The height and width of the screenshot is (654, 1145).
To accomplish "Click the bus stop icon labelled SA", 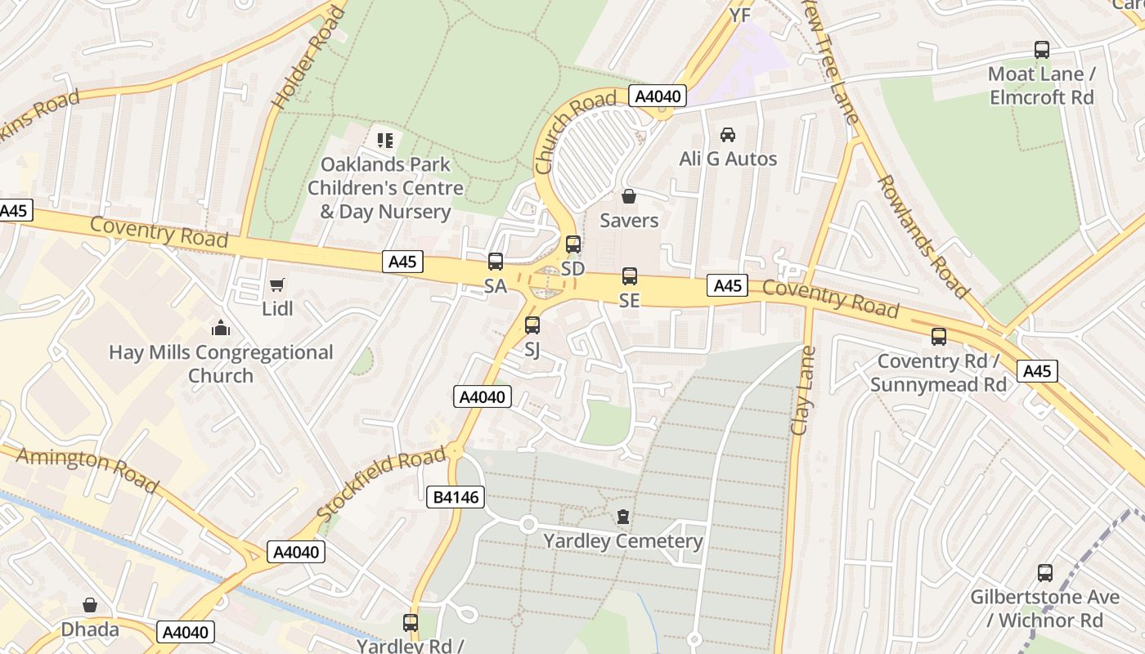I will pos(496,262).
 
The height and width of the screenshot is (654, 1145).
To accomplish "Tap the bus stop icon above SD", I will pos(573,244).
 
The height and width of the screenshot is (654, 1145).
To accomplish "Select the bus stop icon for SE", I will pos(629,276).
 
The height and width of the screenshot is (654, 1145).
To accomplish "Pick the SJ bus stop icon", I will pos(532,325).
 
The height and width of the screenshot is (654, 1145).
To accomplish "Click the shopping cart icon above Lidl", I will pos(277,284).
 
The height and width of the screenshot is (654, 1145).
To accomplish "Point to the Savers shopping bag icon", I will pos(629,196).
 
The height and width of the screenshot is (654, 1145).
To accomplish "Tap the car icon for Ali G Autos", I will pos(727,134).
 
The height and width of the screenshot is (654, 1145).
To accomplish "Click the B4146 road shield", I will pos(456,496).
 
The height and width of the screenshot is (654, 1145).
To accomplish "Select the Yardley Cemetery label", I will pos(623,541).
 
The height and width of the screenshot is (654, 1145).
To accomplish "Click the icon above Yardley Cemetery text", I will pos(623,517).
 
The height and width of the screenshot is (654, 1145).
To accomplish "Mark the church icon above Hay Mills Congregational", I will pos(220,329).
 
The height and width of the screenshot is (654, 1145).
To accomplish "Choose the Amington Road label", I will pos(88,469).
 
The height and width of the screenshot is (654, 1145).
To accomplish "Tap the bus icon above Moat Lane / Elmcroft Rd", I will pos(1042,50).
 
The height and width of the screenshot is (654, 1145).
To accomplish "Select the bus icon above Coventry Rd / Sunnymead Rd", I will pos(939,337).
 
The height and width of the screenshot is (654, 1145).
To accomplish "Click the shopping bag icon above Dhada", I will pos(90,605).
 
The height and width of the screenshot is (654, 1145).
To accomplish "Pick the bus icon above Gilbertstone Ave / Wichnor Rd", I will pos(1045,573).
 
